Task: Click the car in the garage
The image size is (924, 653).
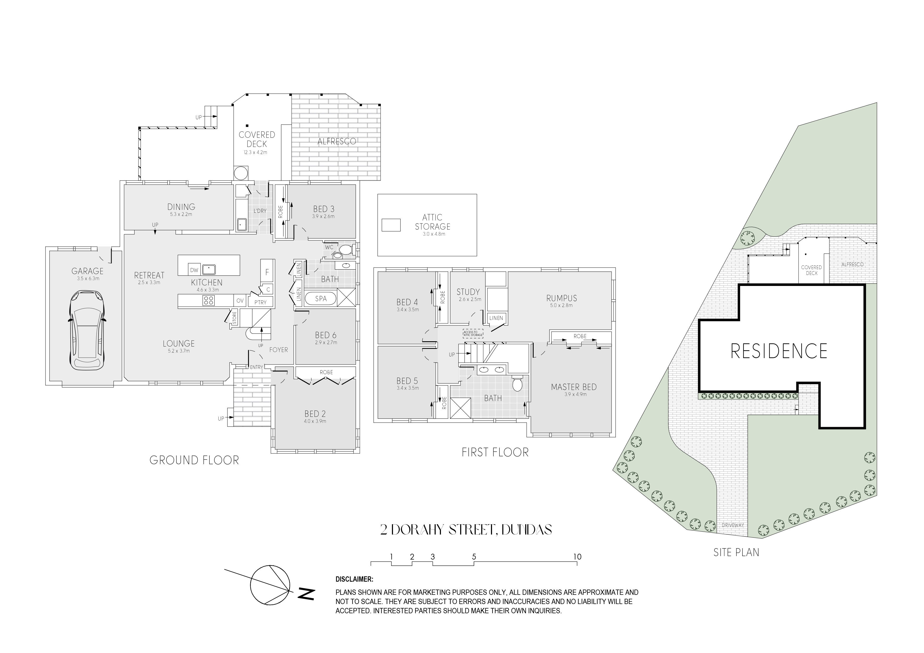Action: pyautogui.click(x=87, y=330)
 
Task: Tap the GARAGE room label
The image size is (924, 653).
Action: pyautogui.click(x=87, y=271)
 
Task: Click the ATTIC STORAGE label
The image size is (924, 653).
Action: pyautogui.click(x=432, y=222)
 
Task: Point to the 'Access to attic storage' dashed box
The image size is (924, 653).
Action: pyautogui.click(x=473, y=334)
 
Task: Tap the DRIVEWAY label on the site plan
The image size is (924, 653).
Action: pyautogui.click(x=733, y=525)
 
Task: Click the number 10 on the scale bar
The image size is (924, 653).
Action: pyautogui.click(x=577, y=557)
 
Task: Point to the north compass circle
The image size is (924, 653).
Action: pyautogui.click(x=270, y=585)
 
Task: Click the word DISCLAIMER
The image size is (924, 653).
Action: pyautogui.click(x=354, y=579)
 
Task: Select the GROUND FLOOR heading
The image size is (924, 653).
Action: pyautogui.click(x=194, y=460)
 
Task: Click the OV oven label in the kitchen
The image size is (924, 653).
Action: pyautogui.click(x=240, y=300)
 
